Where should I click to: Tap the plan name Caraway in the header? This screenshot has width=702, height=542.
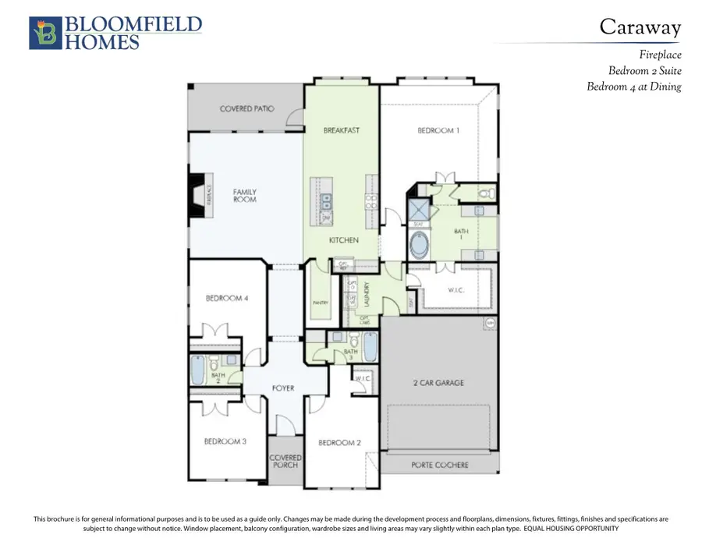[640, 27]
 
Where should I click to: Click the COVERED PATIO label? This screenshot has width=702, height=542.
[246, 108]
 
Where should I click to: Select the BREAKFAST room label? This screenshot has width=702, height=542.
[342, 130]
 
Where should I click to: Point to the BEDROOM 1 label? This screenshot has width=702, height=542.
[439, 130]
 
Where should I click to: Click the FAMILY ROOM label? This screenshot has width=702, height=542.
[245, 196]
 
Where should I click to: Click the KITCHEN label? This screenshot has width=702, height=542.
[342, 240]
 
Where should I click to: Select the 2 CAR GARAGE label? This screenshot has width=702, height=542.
[438, 382]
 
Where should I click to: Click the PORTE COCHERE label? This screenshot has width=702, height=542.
[439, 465]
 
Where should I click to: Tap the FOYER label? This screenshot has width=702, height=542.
[283, 388]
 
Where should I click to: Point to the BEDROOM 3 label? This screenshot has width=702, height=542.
[225, 441]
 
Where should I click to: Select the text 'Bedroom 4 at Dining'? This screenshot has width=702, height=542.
[633, 87]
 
